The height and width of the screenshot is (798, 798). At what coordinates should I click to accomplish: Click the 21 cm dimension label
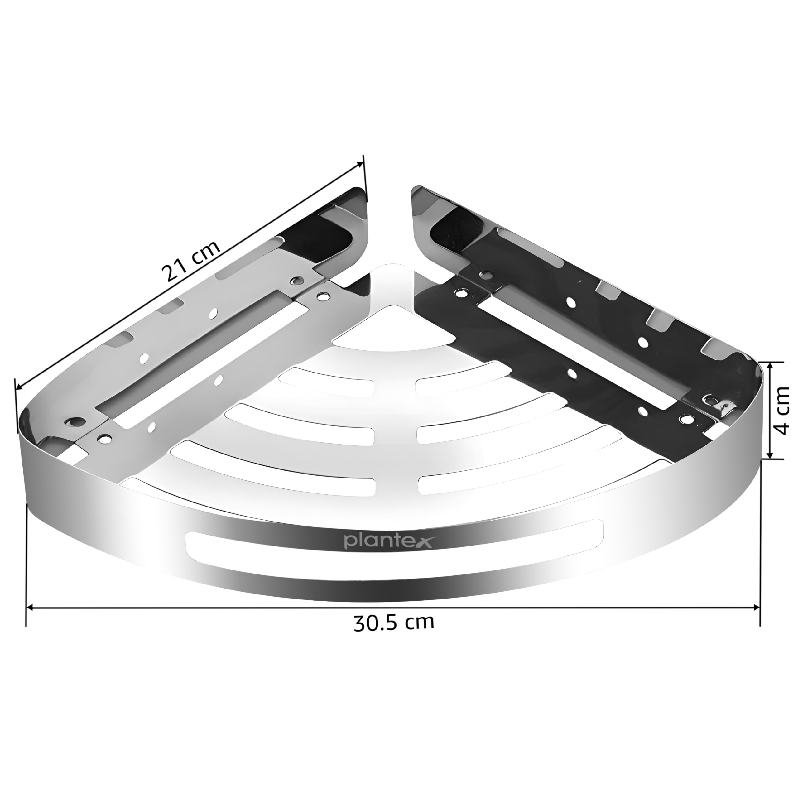tap(191, 261)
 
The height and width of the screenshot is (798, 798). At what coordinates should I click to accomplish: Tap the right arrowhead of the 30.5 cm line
tap(756, 607)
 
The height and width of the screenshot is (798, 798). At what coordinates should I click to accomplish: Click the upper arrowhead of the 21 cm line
tap(360, 164)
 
